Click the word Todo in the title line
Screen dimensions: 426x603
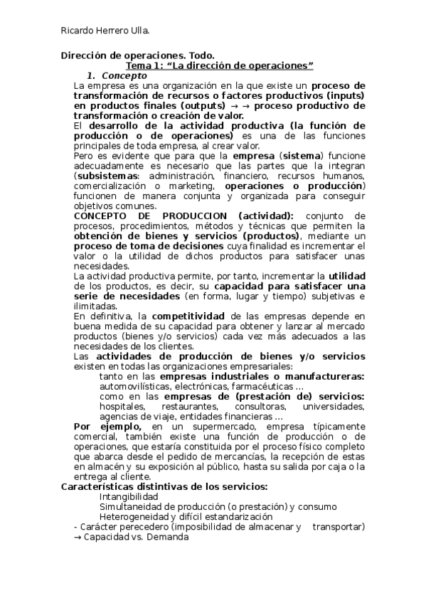(201, 55)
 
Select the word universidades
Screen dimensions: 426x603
(334, 406)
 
